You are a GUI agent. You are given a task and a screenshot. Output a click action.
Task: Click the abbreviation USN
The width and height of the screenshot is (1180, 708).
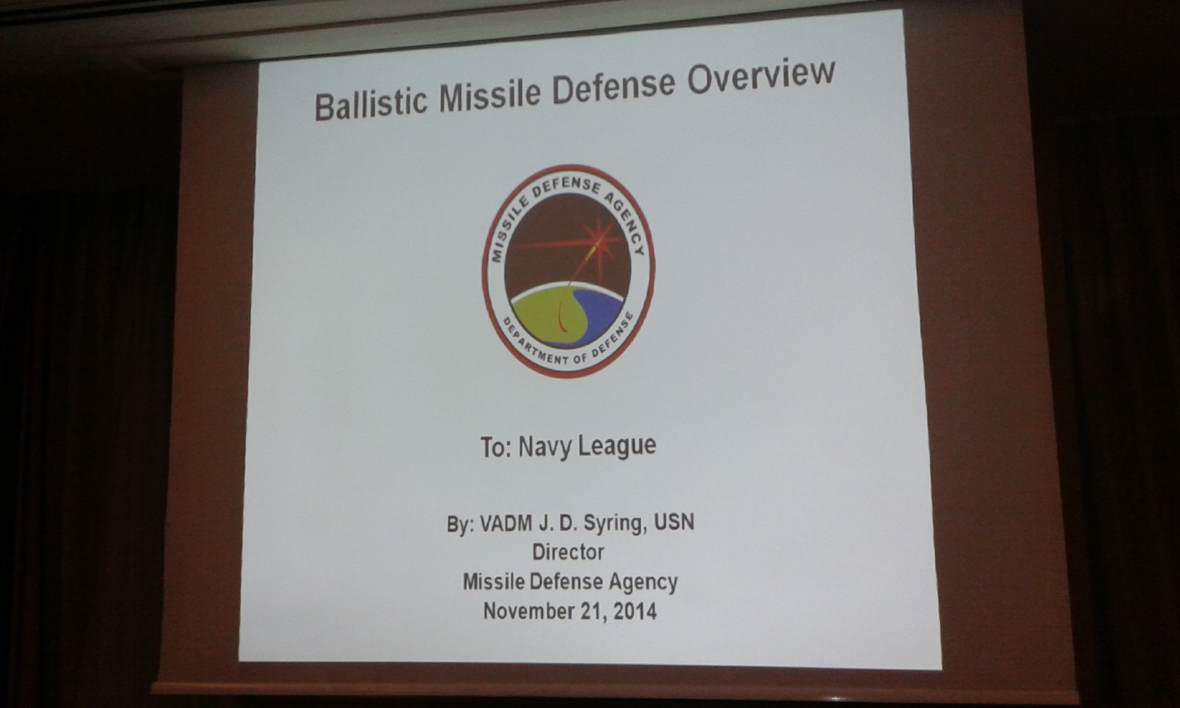click(x=673, y=522)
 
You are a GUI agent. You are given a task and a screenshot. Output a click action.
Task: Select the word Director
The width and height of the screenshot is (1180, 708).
click(x=568, y=552)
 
